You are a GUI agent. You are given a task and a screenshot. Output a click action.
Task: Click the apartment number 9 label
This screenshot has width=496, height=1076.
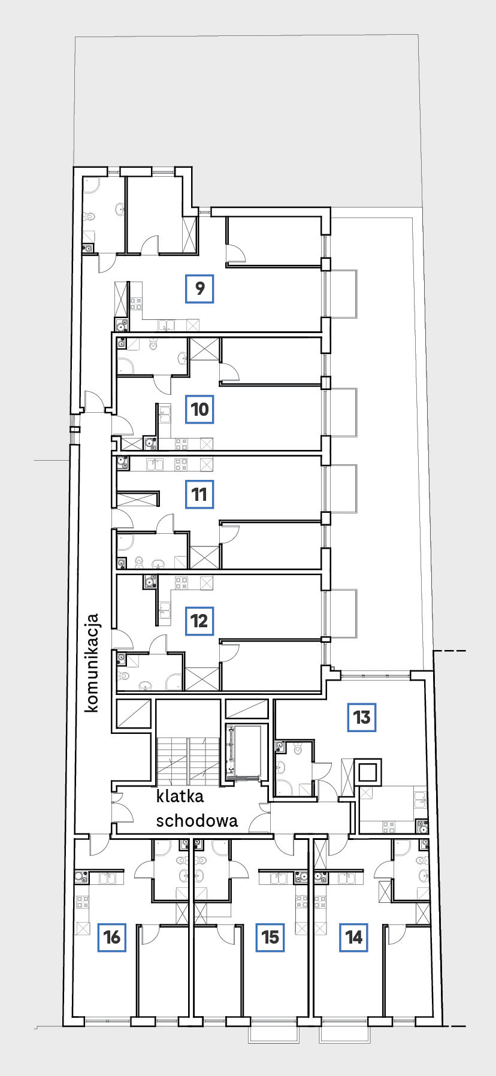click(199, 288)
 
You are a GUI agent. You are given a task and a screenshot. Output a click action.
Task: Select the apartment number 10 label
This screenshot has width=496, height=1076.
click(199, 409)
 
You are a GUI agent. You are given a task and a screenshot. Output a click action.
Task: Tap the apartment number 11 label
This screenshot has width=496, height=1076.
click(199, 494)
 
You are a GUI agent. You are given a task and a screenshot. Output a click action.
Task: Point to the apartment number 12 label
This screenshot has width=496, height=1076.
click(199, 621)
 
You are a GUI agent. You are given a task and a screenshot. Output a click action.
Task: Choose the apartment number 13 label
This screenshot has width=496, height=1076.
click(362, 717)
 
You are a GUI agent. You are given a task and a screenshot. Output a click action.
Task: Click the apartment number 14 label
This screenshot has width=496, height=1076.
click(354, 937)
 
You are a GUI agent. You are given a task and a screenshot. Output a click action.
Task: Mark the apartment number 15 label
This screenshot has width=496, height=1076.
click(270, 937)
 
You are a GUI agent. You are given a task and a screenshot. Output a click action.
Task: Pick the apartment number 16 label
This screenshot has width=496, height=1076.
click(112, 937)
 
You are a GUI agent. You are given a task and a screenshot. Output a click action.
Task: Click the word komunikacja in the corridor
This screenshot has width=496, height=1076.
click(92, 663)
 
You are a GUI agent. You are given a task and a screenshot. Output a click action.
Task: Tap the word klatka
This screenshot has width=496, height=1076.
click(180, 796)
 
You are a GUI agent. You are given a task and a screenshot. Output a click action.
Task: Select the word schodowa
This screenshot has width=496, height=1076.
click(196, 821)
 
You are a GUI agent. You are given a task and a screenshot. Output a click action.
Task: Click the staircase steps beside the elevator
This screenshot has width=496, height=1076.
click(188, 761)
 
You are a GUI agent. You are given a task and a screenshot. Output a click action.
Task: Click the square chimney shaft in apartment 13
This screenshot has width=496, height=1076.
click(368, 772)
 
